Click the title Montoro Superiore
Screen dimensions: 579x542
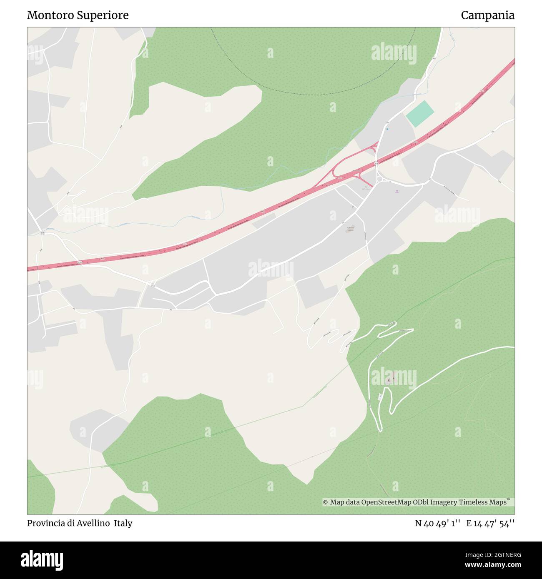click(x=78, y=15)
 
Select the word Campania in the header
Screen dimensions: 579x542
click(x=487, y=15)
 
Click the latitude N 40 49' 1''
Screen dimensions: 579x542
click(x=437, y=523)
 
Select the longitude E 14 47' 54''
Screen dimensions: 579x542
click(x=490, y=523)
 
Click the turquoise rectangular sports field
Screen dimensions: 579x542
click(x=420, y=114)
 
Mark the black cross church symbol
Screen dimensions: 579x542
click(x=366, y=188)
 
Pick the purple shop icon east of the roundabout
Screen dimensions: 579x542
click(x=396, y=191)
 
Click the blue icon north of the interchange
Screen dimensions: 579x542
click(x=387, y=129)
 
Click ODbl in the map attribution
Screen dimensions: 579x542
click(x=423, y=502)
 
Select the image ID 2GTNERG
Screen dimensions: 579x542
click(x=506, y=554)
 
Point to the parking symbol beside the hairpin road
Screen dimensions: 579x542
click(x=380, y=397)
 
